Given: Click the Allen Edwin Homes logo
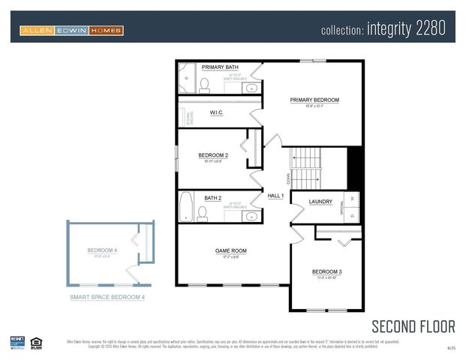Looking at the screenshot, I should tap(72, 31).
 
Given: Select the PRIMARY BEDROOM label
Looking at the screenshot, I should tap(314, 100).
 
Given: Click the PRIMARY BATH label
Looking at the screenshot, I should tap(220, 67).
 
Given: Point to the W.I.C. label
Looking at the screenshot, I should tap(218, 113).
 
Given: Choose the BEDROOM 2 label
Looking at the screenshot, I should tap(213, 155).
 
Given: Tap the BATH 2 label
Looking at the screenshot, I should tap(212, 198).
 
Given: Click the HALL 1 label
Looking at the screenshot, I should tap(275, 196).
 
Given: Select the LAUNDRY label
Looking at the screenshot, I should tap(320, 201).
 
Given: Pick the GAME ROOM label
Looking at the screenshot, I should tap(231, 250).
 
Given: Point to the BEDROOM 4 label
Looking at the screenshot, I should tap(102, 250).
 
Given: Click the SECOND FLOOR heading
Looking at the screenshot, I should tap(413, 325).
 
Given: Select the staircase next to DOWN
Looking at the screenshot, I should tap(306, 169).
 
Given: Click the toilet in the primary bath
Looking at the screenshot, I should tap(204, 84).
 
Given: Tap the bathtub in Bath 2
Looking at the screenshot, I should tap(186, 207).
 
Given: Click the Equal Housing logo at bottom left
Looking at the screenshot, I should tap(36, 343).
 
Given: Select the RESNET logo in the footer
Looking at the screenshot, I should tap(17, 343).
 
